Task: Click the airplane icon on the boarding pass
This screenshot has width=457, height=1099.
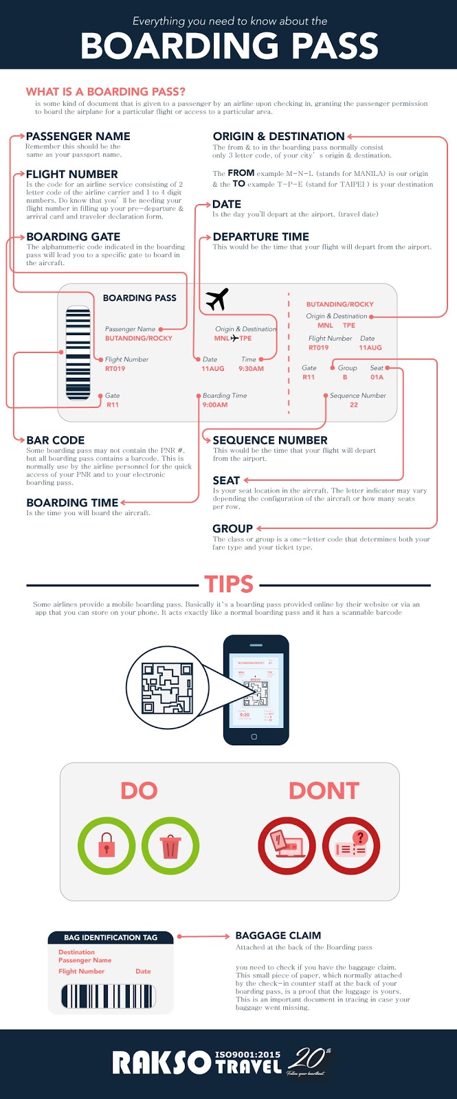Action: point(217,299)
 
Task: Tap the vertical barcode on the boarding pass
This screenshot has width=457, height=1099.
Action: point(78,353)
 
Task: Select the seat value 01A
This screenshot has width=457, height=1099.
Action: point(377,377)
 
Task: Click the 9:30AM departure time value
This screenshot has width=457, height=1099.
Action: point(251,369)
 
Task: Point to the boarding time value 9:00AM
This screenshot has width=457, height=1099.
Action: point(214,405)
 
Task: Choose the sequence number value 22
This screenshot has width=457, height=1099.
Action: point(353,405)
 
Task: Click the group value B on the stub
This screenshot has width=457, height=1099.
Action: point(345,377)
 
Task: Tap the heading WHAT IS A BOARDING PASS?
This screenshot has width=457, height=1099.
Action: point(105,91)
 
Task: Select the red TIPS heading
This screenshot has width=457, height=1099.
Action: point(229,585)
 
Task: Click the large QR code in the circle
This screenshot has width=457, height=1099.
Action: point(167,688)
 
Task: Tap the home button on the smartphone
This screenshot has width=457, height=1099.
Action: point(254,737)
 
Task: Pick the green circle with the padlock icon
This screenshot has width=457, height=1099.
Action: point(107,846)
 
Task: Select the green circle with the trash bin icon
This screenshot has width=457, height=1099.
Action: point(170,846)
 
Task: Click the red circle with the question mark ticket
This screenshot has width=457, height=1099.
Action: point(351,846)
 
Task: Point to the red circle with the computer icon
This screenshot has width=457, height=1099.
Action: point(287,846)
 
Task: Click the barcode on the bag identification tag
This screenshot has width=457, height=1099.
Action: point(109,996)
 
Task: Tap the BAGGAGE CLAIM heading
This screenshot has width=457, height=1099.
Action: point(278,936)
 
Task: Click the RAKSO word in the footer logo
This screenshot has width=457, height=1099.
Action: point(161,1063)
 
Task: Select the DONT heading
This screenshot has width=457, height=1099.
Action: point(324,791)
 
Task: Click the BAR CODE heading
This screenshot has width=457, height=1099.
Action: point(56,440)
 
